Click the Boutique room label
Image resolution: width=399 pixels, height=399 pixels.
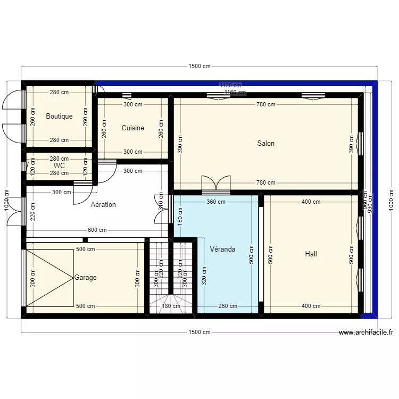coord(59,117)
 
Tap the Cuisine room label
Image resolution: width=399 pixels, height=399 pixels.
coord(132,128)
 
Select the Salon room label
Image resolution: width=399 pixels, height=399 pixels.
coord(265,143)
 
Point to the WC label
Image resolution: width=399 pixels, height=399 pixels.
coord(59,165)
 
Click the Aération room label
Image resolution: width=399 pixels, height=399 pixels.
coord(103,204)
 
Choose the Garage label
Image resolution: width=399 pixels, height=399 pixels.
coord(86,277)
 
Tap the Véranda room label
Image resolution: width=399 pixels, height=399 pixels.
coord(222,250)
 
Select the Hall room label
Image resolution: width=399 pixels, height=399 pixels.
coord(311,254)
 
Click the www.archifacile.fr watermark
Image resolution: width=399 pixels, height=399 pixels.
coord(366,332)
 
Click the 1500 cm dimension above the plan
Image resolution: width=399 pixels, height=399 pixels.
coord(199,66)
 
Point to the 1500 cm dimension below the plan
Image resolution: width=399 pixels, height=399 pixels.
coord(199,332)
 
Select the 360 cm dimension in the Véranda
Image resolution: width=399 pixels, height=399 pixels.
coord(217,202)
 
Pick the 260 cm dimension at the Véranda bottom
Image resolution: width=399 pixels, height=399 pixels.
coord(228,306)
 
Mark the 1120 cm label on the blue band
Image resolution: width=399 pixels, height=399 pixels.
coord(230,85)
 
